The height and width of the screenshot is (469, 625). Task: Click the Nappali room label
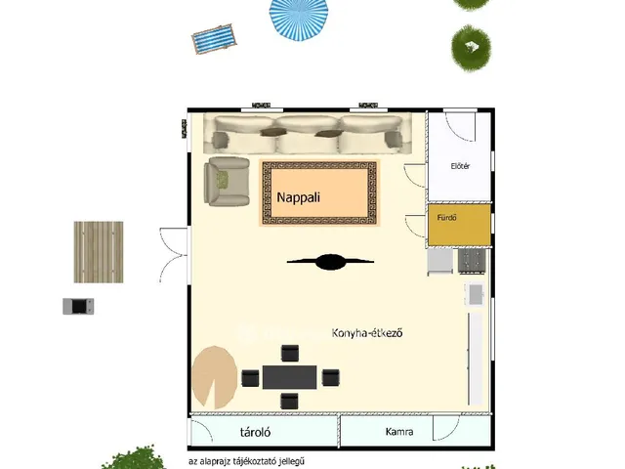298,197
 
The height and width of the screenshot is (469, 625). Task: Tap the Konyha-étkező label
367,332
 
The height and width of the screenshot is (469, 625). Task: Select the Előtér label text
460,166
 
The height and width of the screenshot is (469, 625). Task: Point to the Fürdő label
447,218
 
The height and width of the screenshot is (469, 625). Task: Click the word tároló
256,432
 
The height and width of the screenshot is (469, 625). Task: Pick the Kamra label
399,432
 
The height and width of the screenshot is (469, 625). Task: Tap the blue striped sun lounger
214,39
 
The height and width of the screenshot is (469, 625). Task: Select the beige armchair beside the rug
227,182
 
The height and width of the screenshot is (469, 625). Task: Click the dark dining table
290,377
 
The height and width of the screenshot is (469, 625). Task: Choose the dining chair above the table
290,354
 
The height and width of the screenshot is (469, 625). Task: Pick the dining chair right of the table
330,377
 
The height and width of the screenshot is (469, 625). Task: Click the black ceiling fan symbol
330,262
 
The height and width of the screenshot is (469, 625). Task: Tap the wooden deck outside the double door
99,252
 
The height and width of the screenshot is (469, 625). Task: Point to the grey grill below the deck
78,306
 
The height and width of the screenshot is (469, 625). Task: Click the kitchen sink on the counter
476,294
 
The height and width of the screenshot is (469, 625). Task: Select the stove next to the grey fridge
472,261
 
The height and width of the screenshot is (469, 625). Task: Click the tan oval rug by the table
215,378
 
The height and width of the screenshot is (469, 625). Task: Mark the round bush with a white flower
471,48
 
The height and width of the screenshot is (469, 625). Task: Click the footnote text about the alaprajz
247,461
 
